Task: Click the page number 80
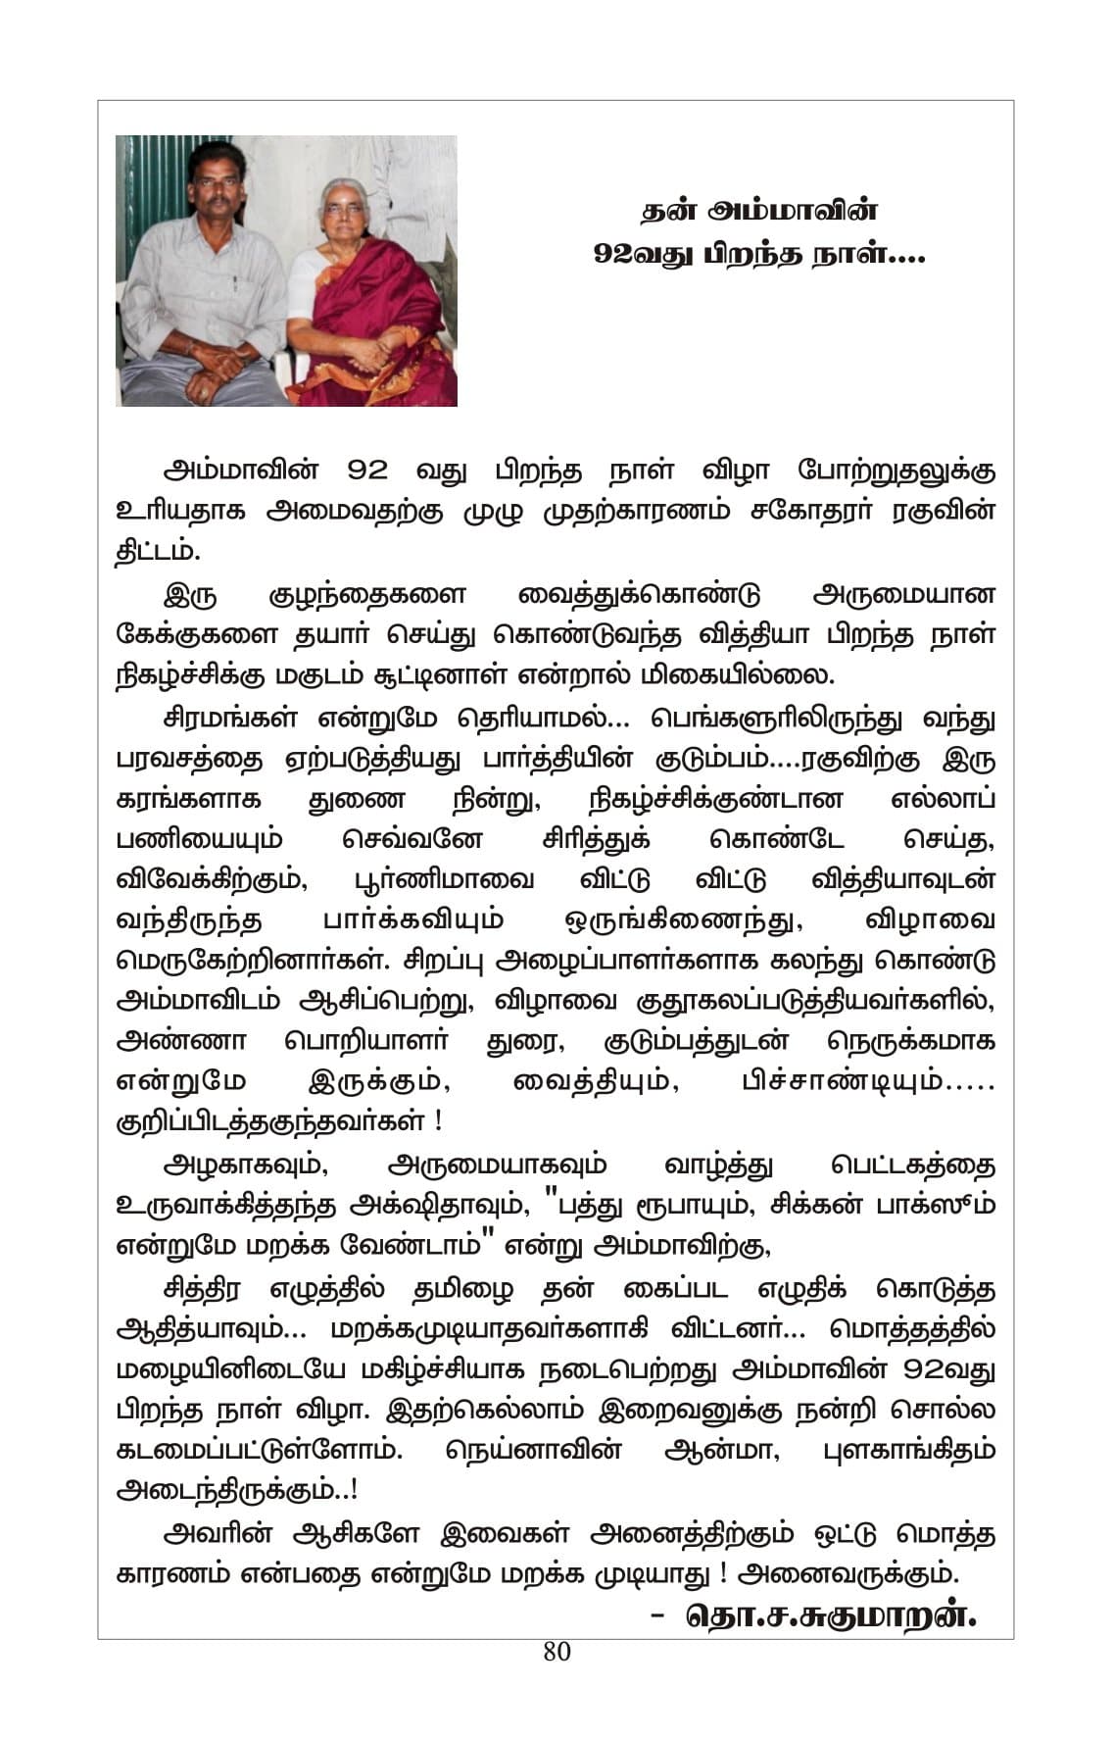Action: (x=557, y=1652)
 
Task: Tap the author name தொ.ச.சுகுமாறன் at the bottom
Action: (x=831, y=1614)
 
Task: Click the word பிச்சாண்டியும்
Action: (x=868, y=1081)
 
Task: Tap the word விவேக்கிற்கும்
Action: (x=212, y=879)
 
